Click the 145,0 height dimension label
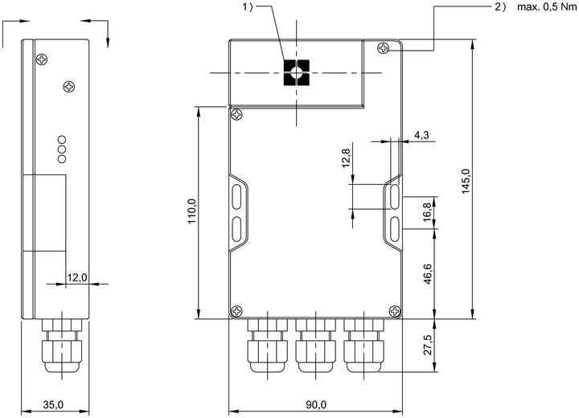(x=466, y=182)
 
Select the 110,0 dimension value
(x=191, y=211)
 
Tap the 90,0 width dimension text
(x=316, y=404)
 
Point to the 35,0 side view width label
(x=53, y=404)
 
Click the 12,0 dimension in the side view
(x=77, y=277)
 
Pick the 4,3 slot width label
(x=421, y=135)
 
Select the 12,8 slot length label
(x=346, y=158)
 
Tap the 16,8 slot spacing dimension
(x=428, y=212)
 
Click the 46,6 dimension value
(x=428, y=273)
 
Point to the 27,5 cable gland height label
(x=428, y=345)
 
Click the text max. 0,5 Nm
(x=547, y=6)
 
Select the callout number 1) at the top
(x=248, y=6)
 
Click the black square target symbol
(x=297, y=72)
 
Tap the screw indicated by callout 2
(x=384, y=47)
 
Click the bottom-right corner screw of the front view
(x=396, y=311)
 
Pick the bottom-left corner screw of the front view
(x=236, y=311)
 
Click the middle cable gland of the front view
(x=316, y=346)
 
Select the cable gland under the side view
(x=62, y=346)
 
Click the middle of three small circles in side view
(x=62, y=150)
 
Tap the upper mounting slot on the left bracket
(x=236, y=196)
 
